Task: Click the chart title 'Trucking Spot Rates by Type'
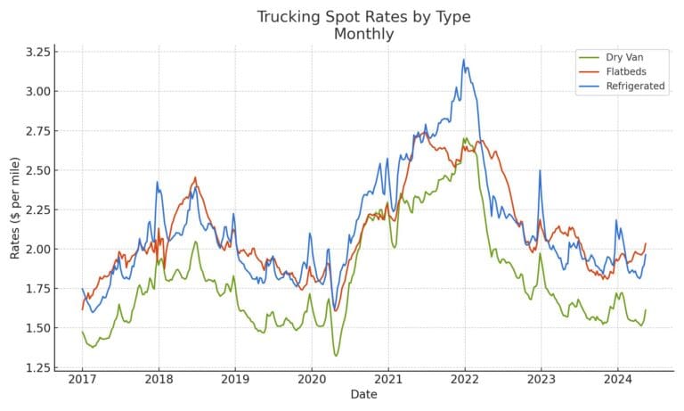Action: (363, 17)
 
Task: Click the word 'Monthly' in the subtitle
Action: (363, 34)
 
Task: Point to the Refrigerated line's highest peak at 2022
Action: (463, 60)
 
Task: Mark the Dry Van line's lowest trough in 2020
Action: (336, 356)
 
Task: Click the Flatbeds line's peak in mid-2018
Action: (195, 177)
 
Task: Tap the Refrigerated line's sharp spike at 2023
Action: (540, 170)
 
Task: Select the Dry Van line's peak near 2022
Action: (465, 138)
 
